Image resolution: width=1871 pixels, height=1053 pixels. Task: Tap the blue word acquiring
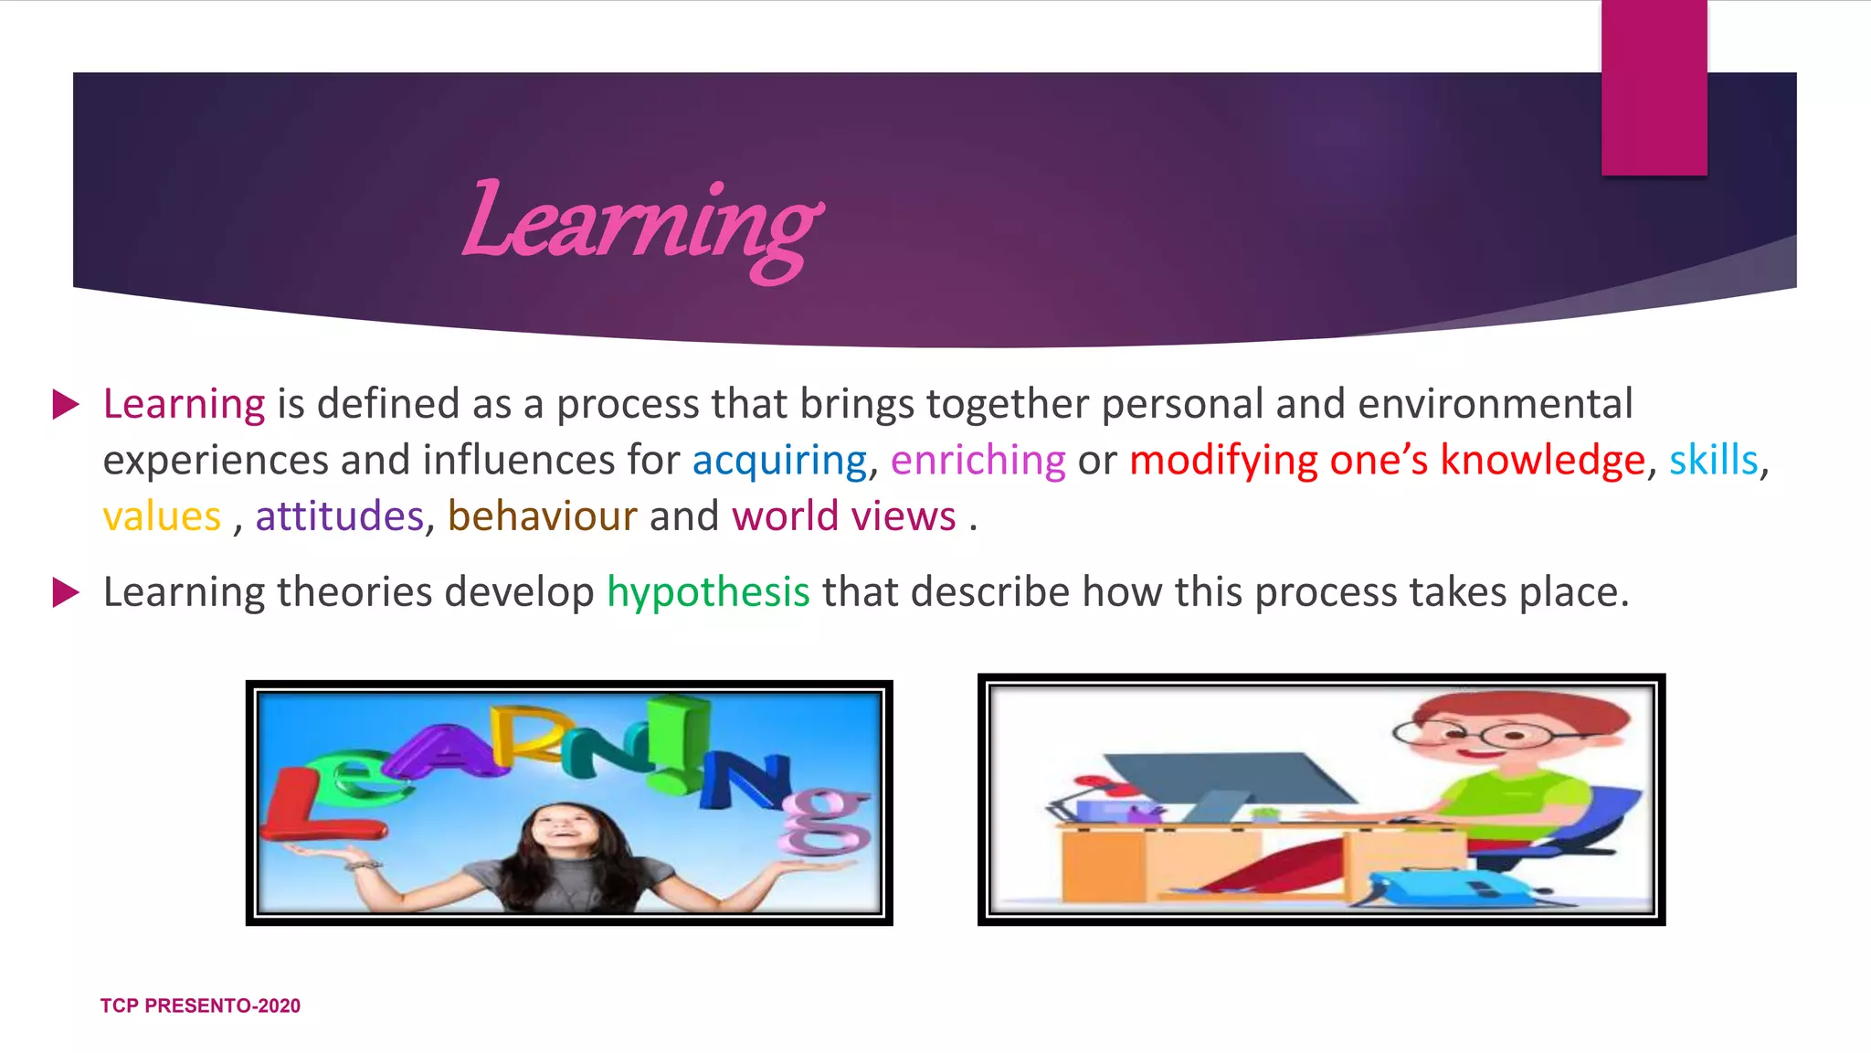tap(778, 460)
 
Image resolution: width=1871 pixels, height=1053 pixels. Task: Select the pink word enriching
tap(978, 460)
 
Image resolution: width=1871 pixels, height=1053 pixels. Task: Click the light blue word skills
tap(1713, 460)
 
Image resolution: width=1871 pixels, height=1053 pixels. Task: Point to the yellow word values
tap(162, 516)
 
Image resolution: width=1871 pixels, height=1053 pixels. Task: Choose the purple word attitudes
tap(339, 516)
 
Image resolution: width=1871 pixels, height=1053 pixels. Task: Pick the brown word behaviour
tap(542, 516)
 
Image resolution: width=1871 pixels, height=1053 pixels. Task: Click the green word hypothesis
tap(708, 592)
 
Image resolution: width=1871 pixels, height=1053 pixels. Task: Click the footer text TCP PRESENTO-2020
tap(200, 1005)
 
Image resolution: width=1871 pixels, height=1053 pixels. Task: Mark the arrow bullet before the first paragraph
tap(66, 404)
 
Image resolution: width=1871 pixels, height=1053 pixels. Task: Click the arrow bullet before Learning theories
tap(66, 592)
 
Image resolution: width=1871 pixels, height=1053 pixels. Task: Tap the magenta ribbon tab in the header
tap(1654, 87)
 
